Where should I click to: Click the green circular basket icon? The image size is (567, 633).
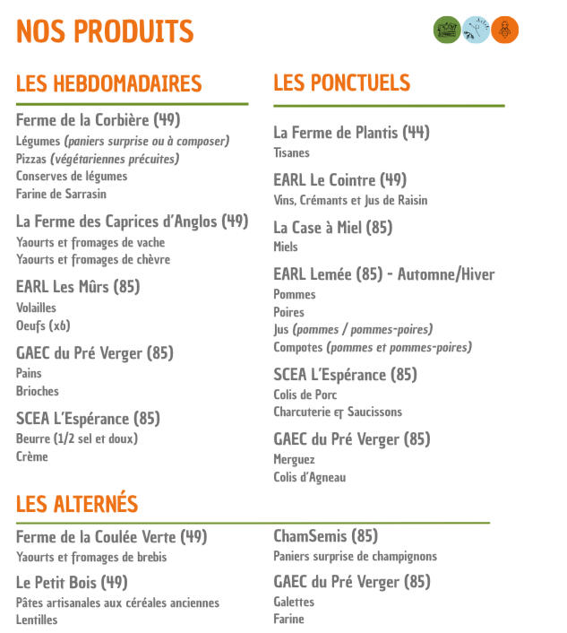coord(446,30)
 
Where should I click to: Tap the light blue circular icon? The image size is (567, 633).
coord(476,30)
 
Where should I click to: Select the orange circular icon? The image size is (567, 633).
coord(505,30)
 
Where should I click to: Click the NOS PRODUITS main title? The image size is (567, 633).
coord(105,31)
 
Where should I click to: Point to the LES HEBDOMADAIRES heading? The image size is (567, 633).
coord(108,84)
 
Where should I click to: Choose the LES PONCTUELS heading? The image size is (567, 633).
coord(341,83)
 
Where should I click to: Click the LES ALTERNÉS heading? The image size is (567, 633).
coord(77,504)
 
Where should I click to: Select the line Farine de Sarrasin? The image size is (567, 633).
coord(61,194)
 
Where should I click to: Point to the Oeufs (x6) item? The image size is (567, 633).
coord(43,325)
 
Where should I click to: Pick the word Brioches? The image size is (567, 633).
coord(38,391)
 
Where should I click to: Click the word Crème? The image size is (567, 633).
coord(32,456)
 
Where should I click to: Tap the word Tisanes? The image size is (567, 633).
coord(291,152)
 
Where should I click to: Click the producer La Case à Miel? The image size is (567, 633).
coord(332,228)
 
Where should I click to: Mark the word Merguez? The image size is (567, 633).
coord(294,459)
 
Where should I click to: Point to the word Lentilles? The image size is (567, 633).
coord(37,620)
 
